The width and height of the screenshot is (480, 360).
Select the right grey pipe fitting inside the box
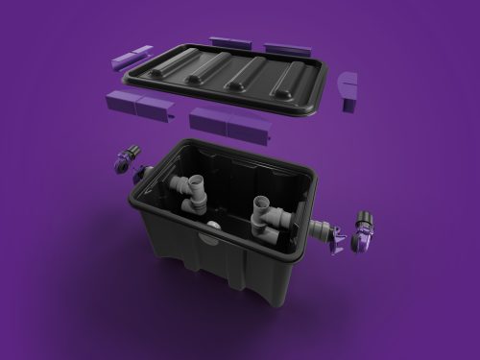(267, 217)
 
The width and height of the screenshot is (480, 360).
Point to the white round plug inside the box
(209, 225)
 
